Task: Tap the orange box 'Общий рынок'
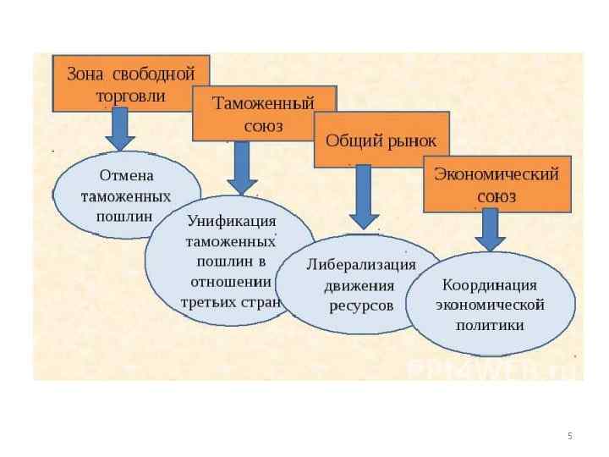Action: pyautogui.click(x=381, y=140)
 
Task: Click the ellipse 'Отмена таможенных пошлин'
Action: pyautogui.click(x=126, y=195)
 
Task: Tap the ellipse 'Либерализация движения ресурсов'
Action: pyautogui.click(x=360, y=284)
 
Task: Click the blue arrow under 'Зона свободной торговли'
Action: pyautogui.click(x=120, y=130)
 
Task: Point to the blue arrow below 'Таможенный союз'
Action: pyautogui.click(x=242, y=168)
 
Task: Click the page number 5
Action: pyautogui.click(x=570, y=436)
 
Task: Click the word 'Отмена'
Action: pyautogui.click(x=127, y=176)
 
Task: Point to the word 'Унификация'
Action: pyautogui.click(x=232, y=221)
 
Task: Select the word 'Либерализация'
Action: pyautogui.click(x=361, y=264)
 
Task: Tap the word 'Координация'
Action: pyautogui.click(x=490, y=284)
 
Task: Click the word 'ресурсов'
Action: pyautogui.click(x=361, y=305)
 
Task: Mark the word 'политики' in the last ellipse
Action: pyautogui.click(x=490, y=324)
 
